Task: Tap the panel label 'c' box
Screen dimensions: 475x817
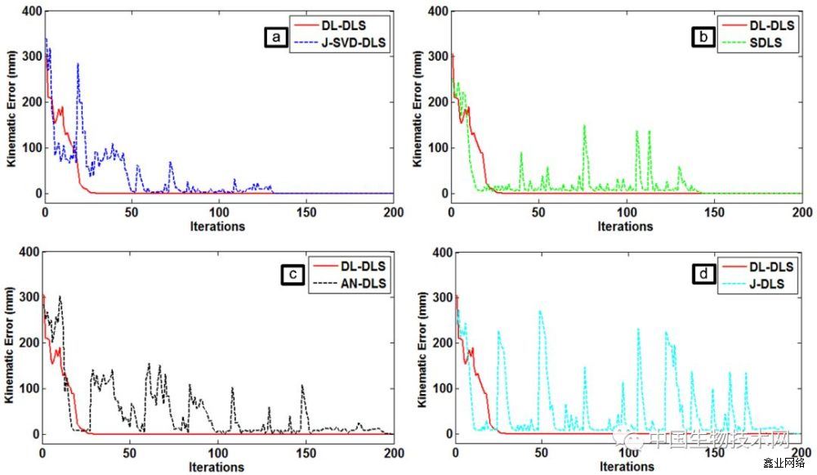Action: click(x=291, y=277)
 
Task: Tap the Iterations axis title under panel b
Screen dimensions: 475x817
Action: click(x=627, y=226)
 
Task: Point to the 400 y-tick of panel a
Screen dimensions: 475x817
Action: click(x=26, y=11)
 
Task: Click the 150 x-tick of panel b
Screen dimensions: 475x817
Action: click(x=714, y=212)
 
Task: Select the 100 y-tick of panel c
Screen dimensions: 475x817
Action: click(x=26, y=388)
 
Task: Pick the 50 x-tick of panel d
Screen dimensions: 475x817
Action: click(x=542, y=453)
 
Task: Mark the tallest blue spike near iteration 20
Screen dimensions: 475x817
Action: click(x=78, y=64)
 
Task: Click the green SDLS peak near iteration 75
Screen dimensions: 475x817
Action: click(x=584, y=126)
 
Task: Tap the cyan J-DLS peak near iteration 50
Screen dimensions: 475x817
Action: click(x=540, y=311)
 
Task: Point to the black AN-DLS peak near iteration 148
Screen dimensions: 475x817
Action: click(x=302, y=385)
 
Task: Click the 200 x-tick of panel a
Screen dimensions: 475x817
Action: click(x=393, y=212)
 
